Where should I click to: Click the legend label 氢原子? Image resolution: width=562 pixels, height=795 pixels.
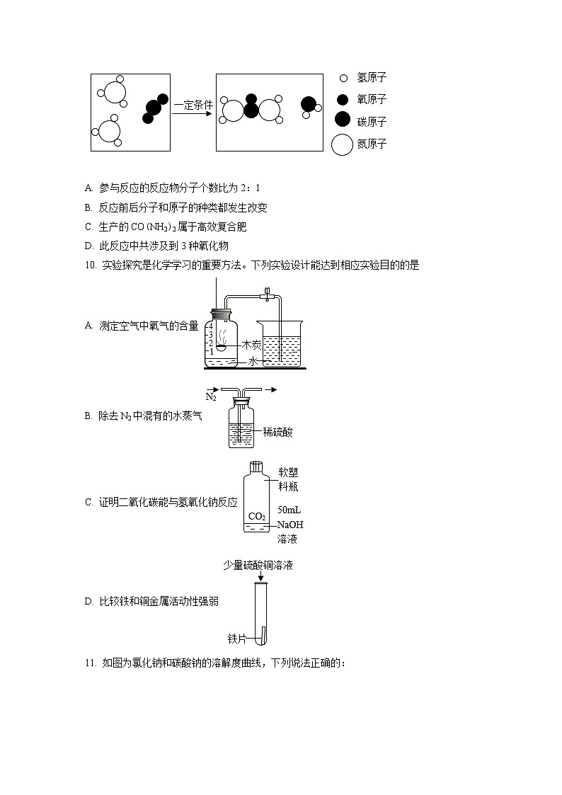tap(372, 78)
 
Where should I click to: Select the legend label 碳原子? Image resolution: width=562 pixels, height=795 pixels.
tap(372, 122)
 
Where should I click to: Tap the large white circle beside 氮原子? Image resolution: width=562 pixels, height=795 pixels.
tap(342, 144)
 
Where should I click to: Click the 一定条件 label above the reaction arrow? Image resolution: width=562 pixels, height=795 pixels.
tap(193, 105)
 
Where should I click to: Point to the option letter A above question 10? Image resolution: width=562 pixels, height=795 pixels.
tap(88, 188)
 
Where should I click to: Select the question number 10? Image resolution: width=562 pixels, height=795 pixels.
tap(91, 265)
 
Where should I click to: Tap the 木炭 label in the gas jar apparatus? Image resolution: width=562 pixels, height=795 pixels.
tap(251, 345)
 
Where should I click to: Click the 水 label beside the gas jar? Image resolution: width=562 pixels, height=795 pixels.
tap(253, 362)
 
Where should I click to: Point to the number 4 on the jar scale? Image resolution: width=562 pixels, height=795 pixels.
tap(211, 327)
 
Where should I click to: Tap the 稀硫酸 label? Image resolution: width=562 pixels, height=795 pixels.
tap(277, 432)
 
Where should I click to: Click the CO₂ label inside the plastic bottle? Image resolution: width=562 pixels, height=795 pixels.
tap(257, 517)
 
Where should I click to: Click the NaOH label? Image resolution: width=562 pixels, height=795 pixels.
tap(290, 525)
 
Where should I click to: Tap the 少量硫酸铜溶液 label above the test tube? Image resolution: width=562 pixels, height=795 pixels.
tap(258, 565)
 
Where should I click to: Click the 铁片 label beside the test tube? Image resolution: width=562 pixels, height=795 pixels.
tap(236, 639)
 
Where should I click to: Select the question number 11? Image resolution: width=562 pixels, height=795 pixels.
tap(91, 663)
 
